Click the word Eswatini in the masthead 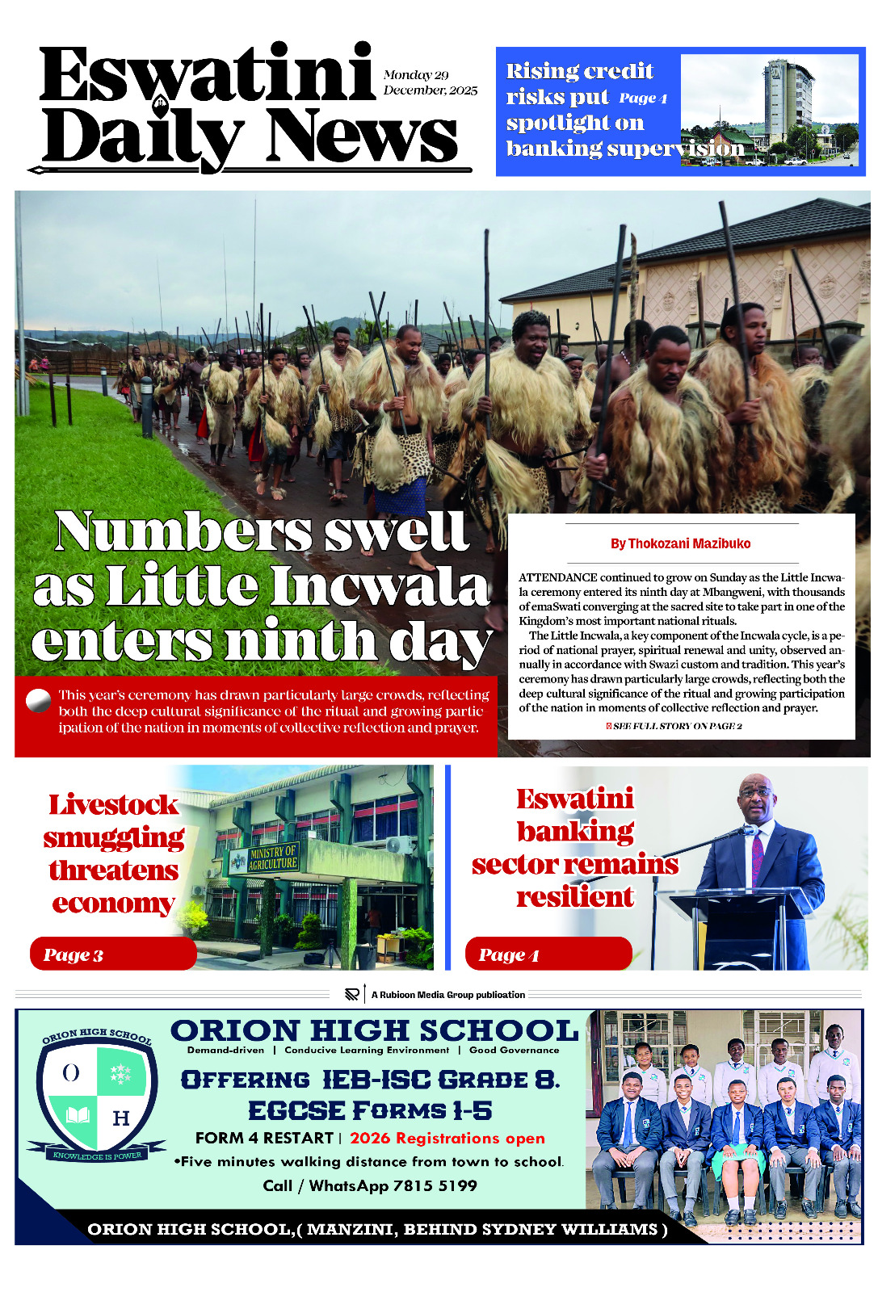pyautogui.click(x=206, y=74)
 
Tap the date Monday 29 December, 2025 pyautogui.click(x=430, y=82)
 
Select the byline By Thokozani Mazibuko pyautogui.click(x=680, y=543)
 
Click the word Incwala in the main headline pyautogui.click(x=380, y=585)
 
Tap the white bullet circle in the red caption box pyautogui.click(x=38, y=700)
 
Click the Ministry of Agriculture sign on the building pyautogui.click(x=273, y=858)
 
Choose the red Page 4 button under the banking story pyautogui.click(x=548, y=954)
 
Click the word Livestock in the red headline pyautogui.click(x=113, y=804)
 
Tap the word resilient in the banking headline pyautogui.click(x=575, y=896)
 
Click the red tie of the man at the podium pyautogui.click(x=757, y=858)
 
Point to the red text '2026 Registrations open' pyautogui.click(x=447, y=1138)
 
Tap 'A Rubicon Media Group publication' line pyautogui.click(x=447, y=995)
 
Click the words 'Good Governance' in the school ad pyautogui.click(x=514, y=1050)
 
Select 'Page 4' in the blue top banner pyautogui.click(x=643, y=99)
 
